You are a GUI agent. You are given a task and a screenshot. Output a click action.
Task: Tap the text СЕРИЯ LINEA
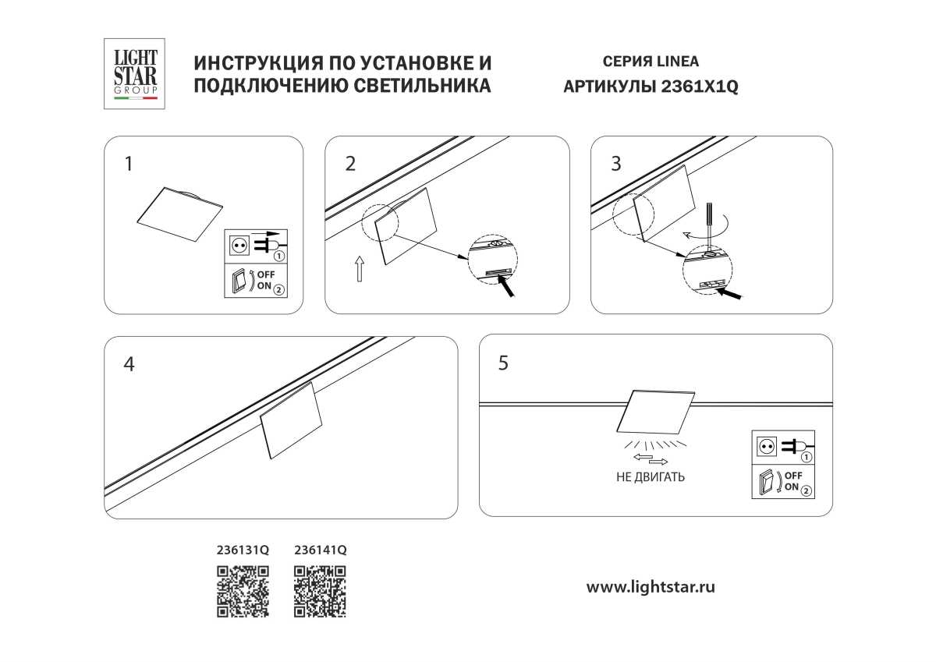click(x=651, y=62)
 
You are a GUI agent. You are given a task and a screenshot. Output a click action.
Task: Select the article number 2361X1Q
click(x=699, y=87)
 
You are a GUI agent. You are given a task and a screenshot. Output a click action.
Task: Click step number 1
click(x=129, y=164)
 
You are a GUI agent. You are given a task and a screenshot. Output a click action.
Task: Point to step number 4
click(x=129, y=364)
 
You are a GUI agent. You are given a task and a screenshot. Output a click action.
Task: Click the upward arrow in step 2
click(x=359, y=268)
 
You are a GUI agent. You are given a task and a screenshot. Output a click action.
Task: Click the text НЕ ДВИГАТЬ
click(x=651, y=477)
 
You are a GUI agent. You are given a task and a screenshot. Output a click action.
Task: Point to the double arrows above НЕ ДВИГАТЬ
click(x=650, y=458)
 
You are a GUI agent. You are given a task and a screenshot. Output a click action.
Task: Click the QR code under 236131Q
click(x=243, y=592)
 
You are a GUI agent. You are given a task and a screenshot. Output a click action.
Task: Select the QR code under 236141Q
click(x=320, y=592)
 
